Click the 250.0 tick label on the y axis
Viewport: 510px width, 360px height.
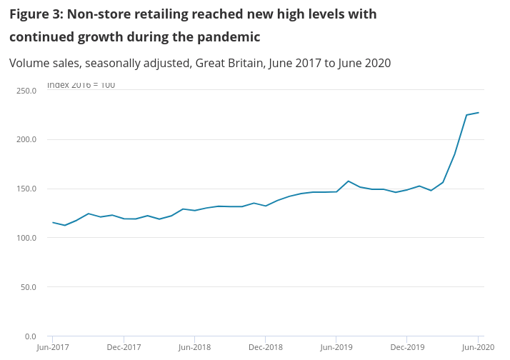pos(26,91)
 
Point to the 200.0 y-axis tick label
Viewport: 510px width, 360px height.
pos(26,139)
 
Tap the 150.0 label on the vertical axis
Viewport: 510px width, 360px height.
pos(26,189)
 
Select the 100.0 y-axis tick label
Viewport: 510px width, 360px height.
pos(26,238)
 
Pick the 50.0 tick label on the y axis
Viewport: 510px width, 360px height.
pos(29,287)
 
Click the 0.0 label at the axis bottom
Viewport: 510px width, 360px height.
pos(31,336)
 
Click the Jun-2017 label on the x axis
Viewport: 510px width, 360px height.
pos(53,347)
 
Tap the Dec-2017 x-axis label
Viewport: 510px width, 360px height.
pos(124,347)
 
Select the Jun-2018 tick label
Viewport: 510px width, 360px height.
pos(194,347)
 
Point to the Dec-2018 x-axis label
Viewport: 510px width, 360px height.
pos(265,347)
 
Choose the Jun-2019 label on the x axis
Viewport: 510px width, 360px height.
pos(336,347)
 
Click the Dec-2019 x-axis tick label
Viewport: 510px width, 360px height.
pos(406,347)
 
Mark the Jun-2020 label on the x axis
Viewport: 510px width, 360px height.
pos(477,347)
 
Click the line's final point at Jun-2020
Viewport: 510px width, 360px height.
pos(478,112)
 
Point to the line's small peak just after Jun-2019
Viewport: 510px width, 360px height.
pos(348,181)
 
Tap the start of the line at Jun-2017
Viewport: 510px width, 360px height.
pos(53,222)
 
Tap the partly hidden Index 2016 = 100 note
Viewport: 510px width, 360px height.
pos(81,86)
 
